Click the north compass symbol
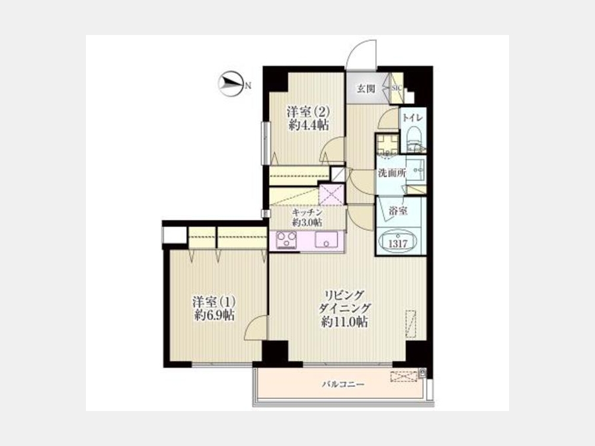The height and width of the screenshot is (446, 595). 230,84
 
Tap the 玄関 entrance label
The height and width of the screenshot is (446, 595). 366,89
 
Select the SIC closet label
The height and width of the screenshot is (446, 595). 397,88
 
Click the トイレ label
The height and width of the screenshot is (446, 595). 413,118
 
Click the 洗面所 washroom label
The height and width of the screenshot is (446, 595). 391,173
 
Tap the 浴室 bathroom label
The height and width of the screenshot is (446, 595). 399,211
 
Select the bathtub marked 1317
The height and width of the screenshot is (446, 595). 397,242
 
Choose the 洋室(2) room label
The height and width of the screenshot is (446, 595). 308,112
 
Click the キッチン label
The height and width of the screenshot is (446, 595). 307,212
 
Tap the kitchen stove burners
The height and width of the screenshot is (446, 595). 286,240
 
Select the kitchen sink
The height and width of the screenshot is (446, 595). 325,239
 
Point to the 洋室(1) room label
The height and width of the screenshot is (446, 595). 214,302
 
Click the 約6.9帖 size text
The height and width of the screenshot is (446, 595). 214,315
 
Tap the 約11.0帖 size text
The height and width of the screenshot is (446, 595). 344,322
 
